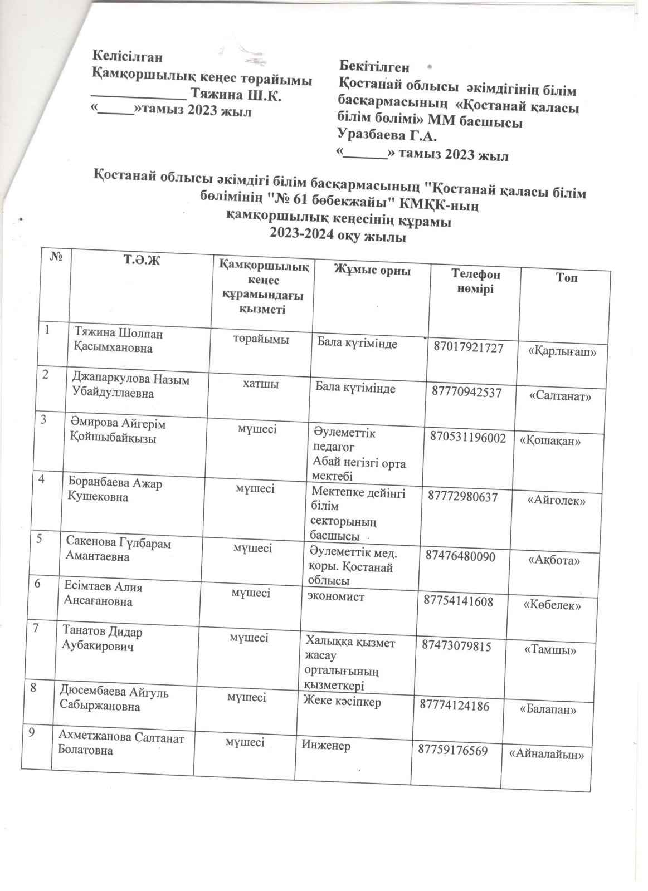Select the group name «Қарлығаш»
pos(566,352)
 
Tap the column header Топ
pos(566,277)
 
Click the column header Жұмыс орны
pos(372,271)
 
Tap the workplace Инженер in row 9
pos(326,745)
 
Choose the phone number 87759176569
pos(453,751)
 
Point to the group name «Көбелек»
pos(553,605)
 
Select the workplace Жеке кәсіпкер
pos(342,702)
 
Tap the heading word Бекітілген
pos(374,67)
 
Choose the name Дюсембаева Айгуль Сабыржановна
pos(114,699)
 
